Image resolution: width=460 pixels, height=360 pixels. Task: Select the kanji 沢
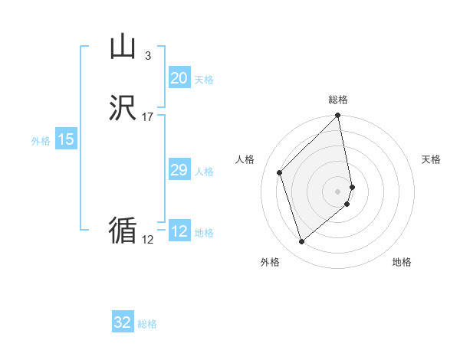click(123, 109)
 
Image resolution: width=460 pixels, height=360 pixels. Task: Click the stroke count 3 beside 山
click(147, 55)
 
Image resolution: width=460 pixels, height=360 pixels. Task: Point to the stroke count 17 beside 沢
click(148, 116)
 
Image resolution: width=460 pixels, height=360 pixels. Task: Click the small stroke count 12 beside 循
click(148, 239)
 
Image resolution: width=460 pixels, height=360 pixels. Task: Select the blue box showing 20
click(179, 77)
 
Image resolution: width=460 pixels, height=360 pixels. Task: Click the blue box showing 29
click(179, 170)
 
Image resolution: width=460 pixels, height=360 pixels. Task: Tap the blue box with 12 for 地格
click(179, 231)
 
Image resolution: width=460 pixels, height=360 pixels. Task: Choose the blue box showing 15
click(66, 139)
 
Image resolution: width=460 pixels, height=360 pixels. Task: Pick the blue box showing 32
click(123, 322)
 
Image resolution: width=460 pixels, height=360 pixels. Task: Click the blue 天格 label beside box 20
click(204, 80)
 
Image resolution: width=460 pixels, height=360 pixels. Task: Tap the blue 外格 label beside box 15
click(41, 141)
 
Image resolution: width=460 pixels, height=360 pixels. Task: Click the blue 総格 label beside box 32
click(147, 325)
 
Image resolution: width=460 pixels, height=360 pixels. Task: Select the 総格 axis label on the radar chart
click(338, 100)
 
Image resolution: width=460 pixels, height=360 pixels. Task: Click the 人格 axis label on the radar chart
click(245, 159)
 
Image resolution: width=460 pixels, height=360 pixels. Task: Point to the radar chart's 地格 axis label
click(402, 262)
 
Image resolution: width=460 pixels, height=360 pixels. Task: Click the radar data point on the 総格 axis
click(338, 116)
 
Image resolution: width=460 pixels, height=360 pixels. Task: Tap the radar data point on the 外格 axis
click(302, 242)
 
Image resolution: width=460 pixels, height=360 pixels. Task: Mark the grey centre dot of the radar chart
click(338, 191)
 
